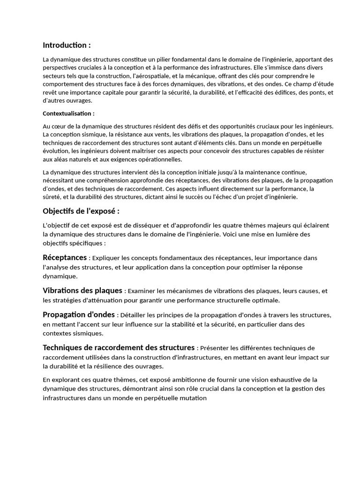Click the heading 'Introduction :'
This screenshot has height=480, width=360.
(x=67, y=45)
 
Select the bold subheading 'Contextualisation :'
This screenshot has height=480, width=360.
(x=68, y=113)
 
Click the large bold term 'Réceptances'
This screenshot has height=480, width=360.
(x=65, y=257)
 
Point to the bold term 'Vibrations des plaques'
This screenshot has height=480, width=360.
(x=82, y=291)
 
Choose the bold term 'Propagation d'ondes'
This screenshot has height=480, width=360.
(x=78, y=315)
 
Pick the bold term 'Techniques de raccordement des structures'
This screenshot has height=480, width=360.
(x=119, y=348)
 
